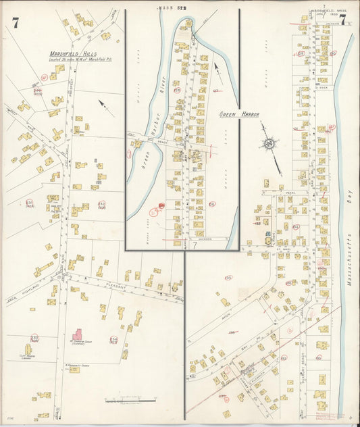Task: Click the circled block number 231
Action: click(29, 203)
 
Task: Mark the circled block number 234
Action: click(113, 340)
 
